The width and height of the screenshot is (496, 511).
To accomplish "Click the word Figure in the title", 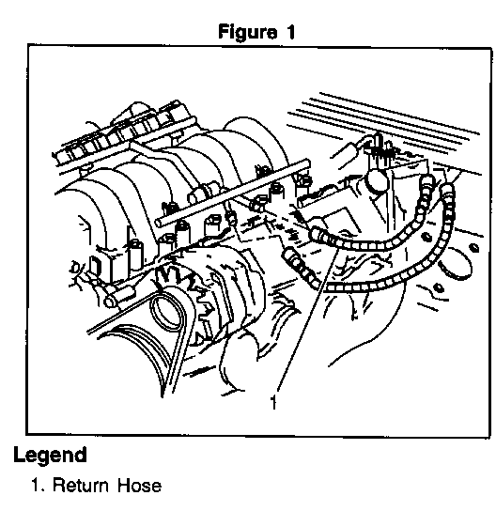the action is coord(247,32).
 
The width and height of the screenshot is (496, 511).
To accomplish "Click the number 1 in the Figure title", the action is coord(290,32).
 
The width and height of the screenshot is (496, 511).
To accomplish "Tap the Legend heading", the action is coord(50,456).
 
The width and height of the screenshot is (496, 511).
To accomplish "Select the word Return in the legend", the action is coord(81,486).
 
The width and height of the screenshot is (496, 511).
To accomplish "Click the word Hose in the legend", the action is coord(139,486).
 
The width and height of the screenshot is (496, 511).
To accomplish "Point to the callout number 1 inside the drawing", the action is coord(273,402).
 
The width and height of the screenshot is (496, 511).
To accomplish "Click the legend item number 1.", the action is coord(38,486).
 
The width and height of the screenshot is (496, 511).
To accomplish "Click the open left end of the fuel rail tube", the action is coord(159,223).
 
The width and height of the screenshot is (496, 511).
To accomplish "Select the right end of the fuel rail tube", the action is coord(306,163).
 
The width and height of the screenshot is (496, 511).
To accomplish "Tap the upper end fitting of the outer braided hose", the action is coord(448,191).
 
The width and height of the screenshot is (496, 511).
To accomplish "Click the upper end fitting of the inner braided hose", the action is coord(427,181).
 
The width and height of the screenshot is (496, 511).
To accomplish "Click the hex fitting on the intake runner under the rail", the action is coord(199,194).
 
